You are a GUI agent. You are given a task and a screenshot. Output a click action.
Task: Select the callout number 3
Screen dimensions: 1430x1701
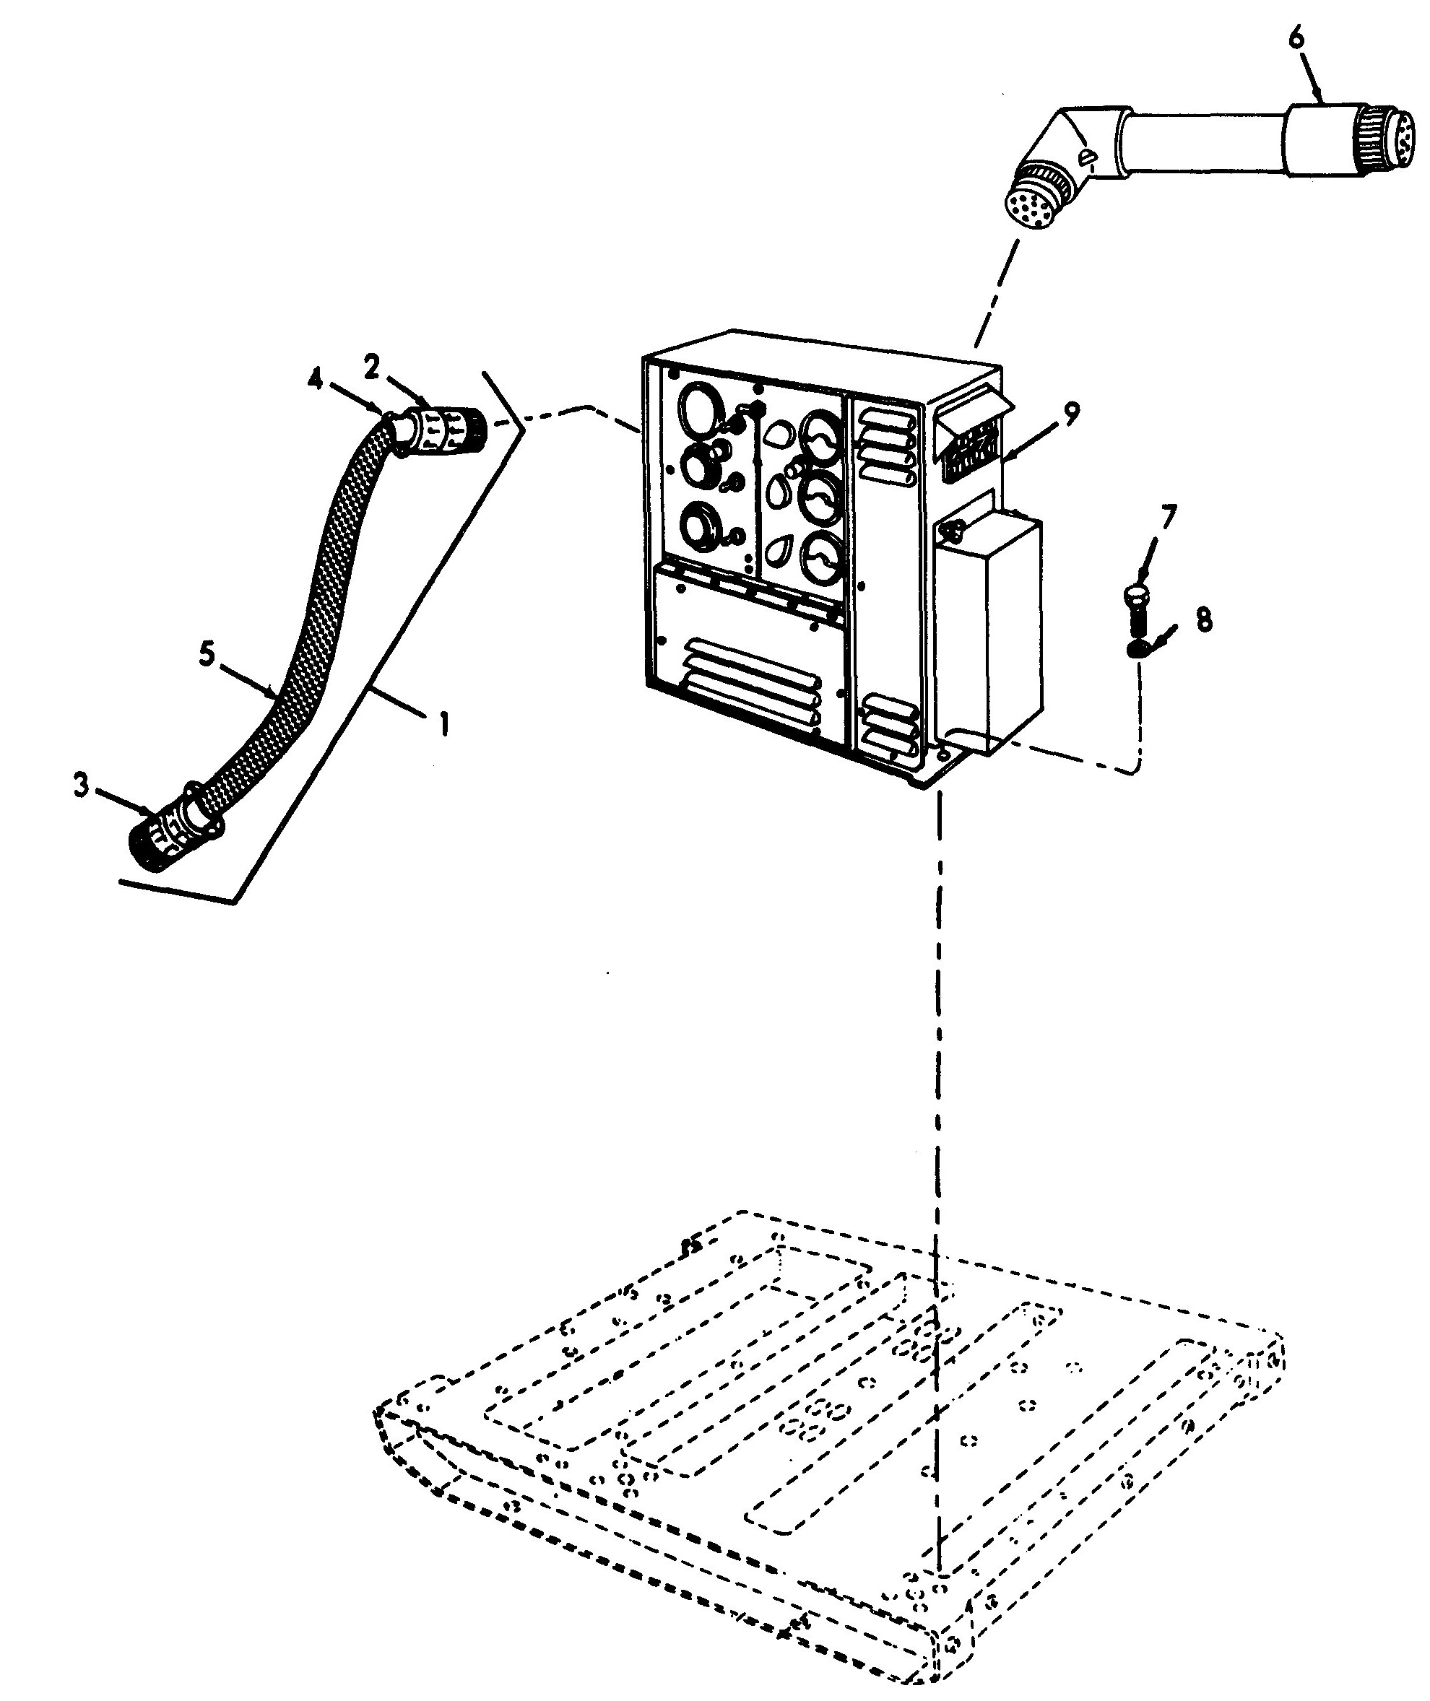pos(80,785)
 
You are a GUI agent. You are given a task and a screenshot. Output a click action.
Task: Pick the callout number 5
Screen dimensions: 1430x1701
pos(207,654)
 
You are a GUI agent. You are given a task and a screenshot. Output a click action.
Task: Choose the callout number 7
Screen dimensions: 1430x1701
pos(1168,515)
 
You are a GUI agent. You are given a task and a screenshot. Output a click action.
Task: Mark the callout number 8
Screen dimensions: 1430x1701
pos(1203,620)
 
